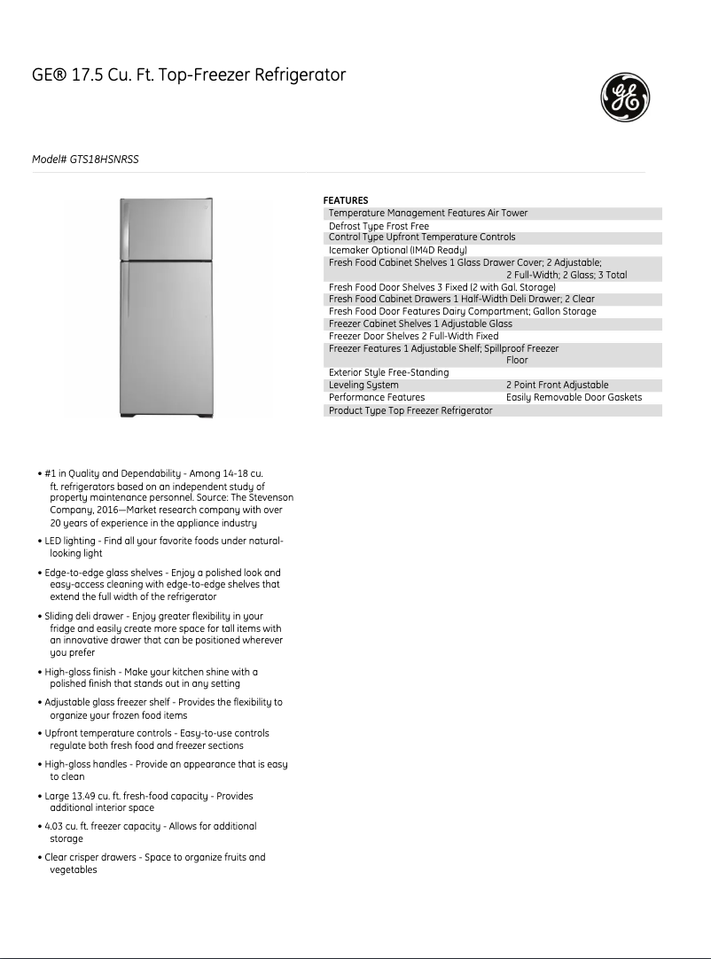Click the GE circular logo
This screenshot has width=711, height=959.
coord(625,97)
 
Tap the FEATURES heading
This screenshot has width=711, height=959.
coord(346,200)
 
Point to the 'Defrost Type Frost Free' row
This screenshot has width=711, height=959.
coord(379,226)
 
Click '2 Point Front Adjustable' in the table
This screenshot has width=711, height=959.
coord(557,386)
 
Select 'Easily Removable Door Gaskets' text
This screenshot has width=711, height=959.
coord(574,398)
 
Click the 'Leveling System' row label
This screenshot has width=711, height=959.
coord(363,386)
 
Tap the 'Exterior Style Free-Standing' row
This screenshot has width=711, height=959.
coord(388,372)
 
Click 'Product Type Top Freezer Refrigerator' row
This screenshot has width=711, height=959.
coord(410,411)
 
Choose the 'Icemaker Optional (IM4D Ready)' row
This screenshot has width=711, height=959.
coord(397,250)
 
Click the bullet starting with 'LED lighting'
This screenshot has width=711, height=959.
coord(164,541)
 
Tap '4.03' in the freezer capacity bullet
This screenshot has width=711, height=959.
coord(54,826)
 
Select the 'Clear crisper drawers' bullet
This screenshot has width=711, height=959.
coord(155,857)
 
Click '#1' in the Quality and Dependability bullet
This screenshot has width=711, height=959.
coord(51,474)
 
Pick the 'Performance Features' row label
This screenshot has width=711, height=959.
coord(376,398)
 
